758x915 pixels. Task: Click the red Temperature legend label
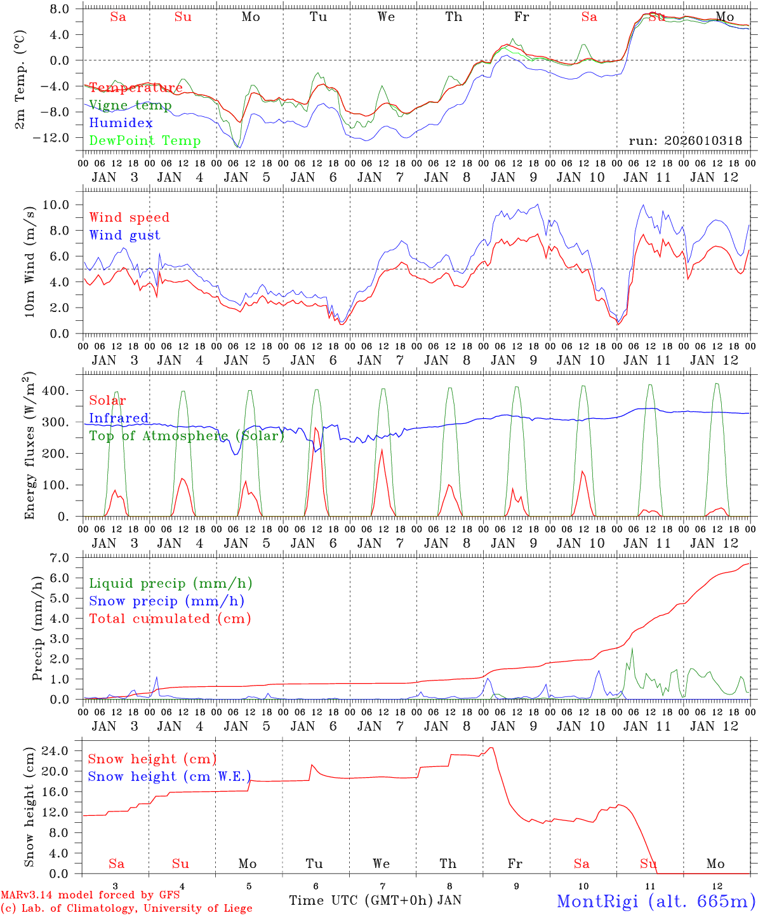136,88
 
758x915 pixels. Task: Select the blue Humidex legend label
121,123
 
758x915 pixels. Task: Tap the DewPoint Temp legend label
145,141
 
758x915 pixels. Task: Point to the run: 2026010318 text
685,141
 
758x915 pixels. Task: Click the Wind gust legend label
124,235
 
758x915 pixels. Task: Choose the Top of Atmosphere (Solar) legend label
187,436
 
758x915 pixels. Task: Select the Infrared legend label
119,418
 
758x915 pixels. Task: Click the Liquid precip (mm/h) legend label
171,583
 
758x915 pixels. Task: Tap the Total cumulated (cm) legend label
170,619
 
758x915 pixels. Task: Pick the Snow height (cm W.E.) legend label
170,776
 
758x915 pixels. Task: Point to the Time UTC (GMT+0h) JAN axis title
375,900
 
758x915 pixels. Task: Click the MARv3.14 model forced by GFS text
90,895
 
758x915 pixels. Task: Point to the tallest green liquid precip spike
632,649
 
